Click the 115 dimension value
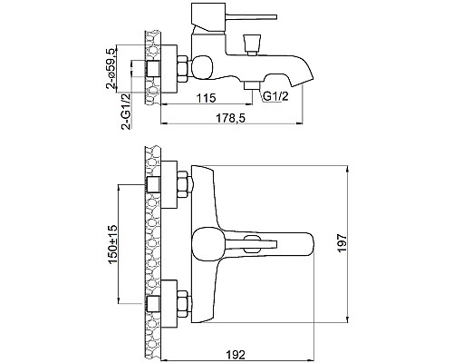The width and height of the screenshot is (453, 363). coord(207,98)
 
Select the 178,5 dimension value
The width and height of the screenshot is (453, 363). coord(230,118)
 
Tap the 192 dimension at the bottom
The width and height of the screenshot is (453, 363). coord(236,355)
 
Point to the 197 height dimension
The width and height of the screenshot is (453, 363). coord(342,243)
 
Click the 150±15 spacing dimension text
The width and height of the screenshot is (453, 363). coord(112,244)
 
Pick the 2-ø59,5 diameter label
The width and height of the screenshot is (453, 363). coord(111,69)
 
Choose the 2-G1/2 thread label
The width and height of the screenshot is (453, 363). coord(127,112)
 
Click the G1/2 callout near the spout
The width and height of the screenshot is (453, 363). coord(275,96)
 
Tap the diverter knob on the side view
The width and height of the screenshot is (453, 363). coord(252,44)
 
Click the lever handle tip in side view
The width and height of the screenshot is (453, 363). coord(275,17)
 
